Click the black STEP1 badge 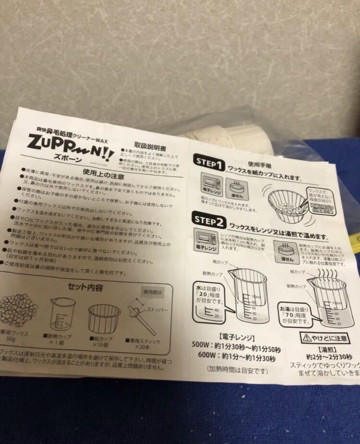tap(208, 164)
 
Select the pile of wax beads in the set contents tap(20, 312)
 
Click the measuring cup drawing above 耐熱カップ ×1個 tap(63, 315)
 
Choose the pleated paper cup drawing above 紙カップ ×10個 tap(105, 316)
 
